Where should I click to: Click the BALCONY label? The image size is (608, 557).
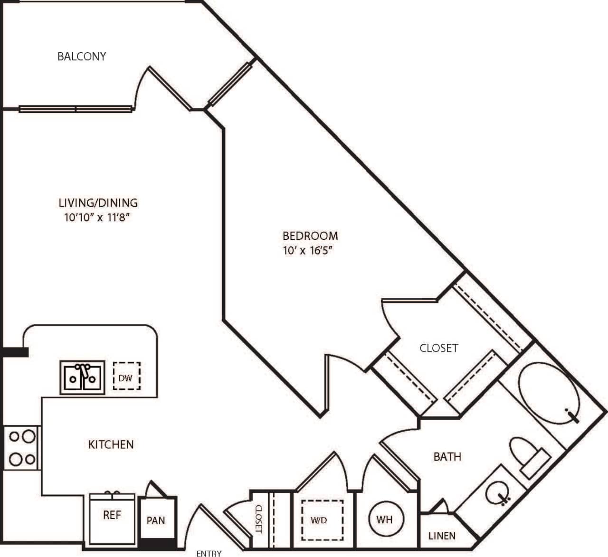point(81,56)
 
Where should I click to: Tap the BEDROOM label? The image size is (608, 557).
point(310,236)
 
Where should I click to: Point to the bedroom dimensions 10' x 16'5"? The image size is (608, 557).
point(306,251)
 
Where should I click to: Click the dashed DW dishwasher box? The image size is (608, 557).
point(126,377)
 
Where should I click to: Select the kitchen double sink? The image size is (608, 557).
point(82,377)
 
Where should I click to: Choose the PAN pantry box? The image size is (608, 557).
point(156,519)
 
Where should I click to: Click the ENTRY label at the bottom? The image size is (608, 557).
point(209,553)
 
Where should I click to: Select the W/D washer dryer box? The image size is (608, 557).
point(319,520)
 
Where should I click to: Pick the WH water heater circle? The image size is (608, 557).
point(384,519)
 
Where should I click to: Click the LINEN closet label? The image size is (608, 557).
point(442,536)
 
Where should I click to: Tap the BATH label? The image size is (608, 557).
point(447,456)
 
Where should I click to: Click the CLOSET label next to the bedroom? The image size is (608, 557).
point(438,348)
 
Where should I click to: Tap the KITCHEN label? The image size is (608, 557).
point(111,444)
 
